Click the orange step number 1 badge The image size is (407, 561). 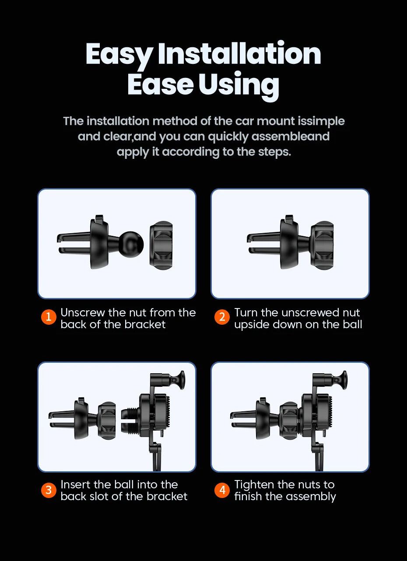49,317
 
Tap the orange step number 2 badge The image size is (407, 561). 222,317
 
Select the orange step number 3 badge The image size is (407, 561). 49,490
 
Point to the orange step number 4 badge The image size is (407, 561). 222,490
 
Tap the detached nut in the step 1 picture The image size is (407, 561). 161,245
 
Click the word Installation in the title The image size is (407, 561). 239,53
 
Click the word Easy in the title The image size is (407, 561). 119,56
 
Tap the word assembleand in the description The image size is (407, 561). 290,137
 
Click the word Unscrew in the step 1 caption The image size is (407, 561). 82,312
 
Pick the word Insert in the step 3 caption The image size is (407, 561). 75,484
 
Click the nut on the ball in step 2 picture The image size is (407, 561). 322,245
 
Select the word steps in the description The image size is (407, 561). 274,152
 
